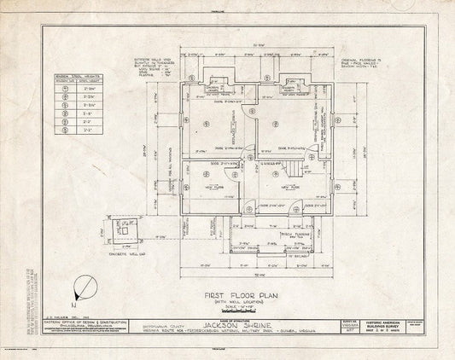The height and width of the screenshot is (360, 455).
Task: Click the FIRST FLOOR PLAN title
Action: coord(230,293)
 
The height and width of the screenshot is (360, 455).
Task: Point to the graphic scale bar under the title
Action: coord(230,310)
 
